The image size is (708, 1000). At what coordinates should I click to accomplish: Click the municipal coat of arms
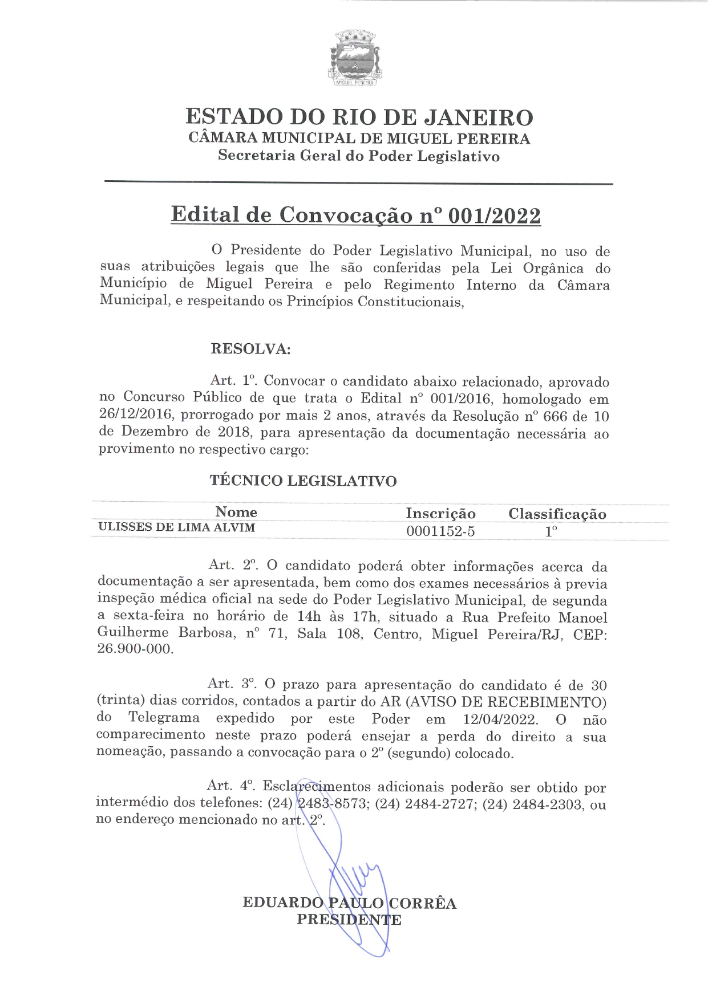coord(355,58)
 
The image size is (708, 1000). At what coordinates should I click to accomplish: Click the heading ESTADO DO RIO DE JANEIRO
coord(359,117)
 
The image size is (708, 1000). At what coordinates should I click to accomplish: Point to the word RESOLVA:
coord(250,349)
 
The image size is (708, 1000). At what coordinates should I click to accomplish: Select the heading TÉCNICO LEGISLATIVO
coord(303,481)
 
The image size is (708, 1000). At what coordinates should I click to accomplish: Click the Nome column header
coord(236,512)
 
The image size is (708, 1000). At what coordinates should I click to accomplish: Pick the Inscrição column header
coord(440,514)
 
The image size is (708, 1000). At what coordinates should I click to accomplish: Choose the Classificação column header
coord(557,514)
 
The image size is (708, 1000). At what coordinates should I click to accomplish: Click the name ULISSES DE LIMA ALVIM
coord(177,527)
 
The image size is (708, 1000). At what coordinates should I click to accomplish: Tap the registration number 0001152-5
coord(440,532)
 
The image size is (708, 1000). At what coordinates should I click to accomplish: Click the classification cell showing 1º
coord(551,532)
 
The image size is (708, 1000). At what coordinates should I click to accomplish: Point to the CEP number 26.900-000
coord(135,649)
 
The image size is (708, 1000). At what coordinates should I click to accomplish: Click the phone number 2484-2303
coord(547,804)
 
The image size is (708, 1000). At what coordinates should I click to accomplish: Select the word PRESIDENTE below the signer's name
coord(349,920)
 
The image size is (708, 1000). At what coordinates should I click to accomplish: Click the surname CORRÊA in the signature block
coord(423,903)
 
